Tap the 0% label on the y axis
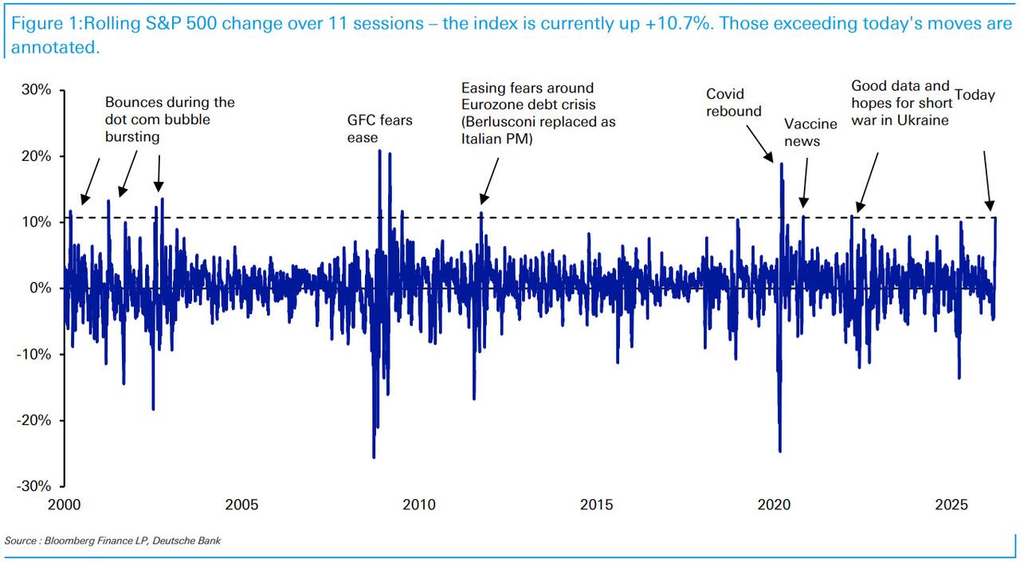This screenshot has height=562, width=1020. click(x=41, y=288)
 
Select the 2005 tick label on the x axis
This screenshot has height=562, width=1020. click(x=241, y=505)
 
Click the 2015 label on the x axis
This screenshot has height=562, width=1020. click(x=596, y=505)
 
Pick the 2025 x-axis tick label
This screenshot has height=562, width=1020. click(x=951, y=505)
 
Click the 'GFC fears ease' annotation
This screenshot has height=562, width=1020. click(x=379, y=128)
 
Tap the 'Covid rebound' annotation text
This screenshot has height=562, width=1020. click(x=734, y=103)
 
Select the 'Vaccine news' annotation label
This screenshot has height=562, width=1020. click(x=810, y=132)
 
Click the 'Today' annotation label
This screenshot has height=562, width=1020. click(x=975, y=96)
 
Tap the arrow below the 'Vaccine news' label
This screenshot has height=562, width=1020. click(x=804, y=182)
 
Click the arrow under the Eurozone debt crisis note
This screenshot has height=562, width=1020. click(x=489, y=180)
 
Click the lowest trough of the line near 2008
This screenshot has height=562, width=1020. click(x=374, y=458)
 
